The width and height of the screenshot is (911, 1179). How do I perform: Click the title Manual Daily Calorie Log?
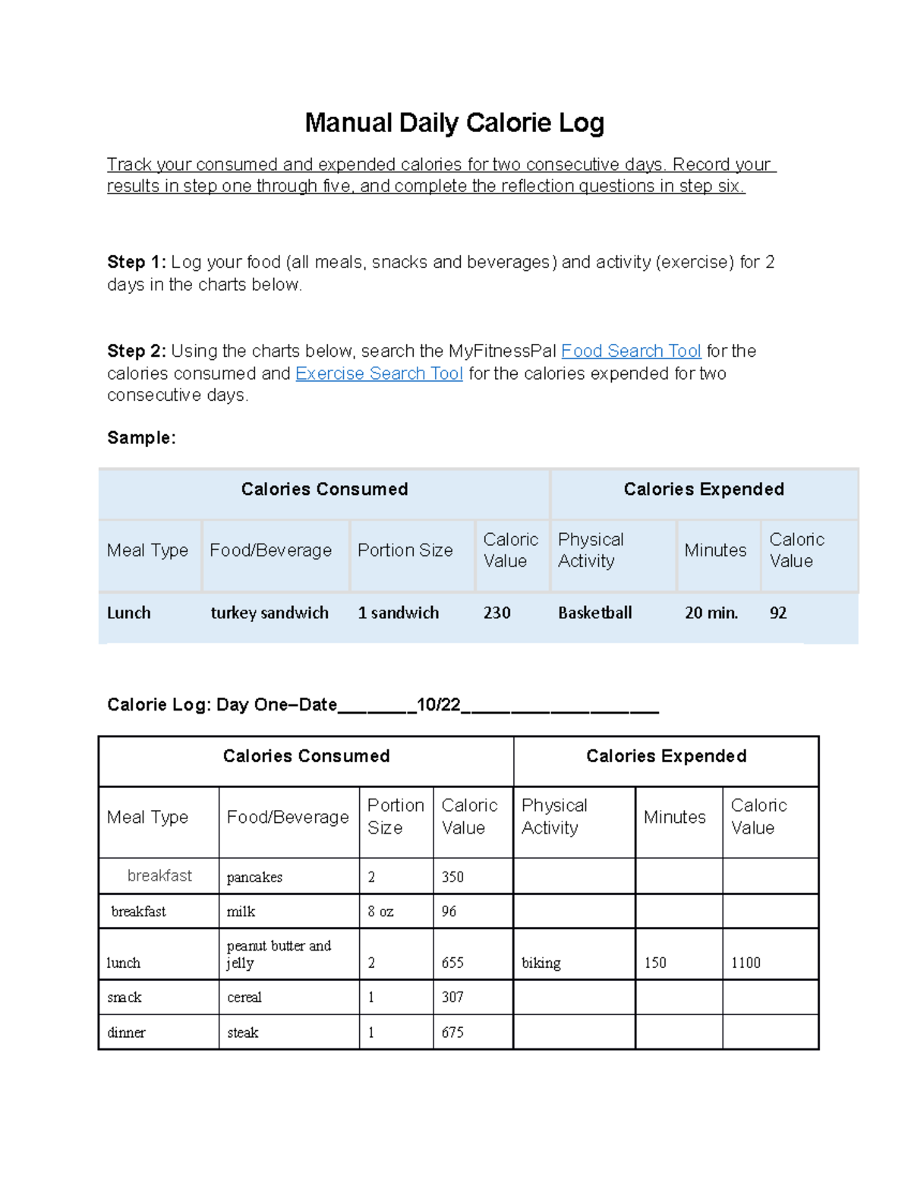pos(454,123)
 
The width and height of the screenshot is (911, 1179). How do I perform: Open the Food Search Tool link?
pos(630,351)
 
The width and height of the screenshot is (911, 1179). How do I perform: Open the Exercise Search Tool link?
pos(379,374)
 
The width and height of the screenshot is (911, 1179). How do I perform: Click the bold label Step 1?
pos(136,262)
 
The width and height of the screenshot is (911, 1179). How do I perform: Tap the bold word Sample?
pos(141,438)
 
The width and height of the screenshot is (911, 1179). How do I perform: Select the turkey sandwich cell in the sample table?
pos(270,613)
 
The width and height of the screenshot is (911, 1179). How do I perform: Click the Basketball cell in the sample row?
pos(594,613)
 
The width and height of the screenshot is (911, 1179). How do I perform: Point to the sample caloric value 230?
pos(496,613)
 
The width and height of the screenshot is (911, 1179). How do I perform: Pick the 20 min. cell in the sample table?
pos(711,613)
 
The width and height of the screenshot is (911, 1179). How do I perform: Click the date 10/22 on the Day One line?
pos(439,705)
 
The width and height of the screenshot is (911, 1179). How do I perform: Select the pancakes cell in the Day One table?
pos(254,877)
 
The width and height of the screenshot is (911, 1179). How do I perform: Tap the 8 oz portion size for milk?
pos(380,911)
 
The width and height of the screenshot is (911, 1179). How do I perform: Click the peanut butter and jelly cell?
pos(279,954)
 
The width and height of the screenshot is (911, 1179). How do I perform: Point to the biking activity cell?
pos(541,963)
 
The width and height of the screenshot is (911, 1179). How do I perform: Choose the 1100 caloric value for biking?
pos(746,963)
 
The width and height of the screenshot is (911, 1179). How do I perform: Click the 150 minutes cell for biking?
pos(655,963)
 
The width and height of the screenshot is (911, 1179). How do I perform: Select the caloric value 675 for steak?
pos(452,1032)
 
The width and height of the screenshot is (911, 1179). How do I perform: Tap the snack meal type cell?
pos(125,998)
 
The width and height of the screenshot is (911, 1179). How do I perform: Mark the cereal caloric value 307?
pos(452,998)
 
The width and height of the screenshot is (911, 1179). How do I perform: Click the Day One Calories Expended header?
pos(666,756)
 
